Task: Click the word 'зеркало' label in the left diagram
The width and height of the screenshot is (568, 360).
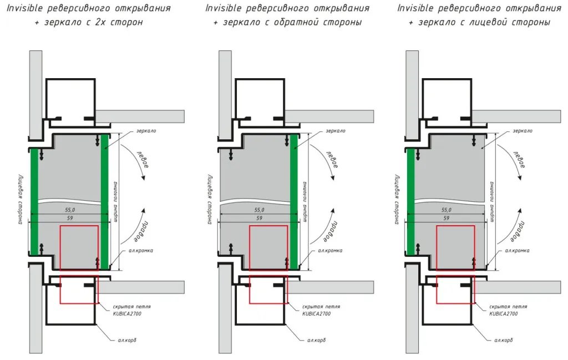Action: pyautogui.click(x=146, y=131)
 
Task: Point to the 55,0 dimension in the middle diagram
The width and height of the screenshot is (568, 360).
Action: pyautogui.click(x=259, y=210)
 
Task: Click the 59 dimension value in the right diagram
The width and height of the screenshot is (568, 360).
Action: pyautogui.click(x=447, y=219)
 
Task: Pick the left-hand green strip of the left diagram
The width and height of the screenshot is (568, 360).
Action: pyautogui.click(x=34, y=200)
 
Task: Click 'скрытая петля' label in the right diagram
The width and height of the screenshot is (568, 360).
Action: pyautogui.click(x=503, y=306)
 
